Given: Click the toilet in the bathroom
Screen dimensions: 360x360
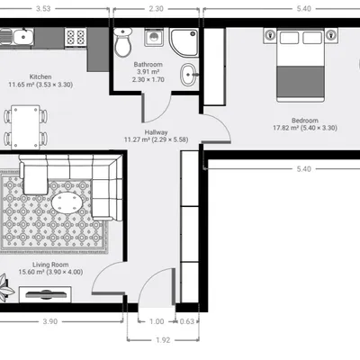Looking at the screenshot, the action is click(123, 42).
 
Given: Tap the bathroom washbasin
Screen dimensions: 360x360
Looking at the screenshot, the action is click(189, 75).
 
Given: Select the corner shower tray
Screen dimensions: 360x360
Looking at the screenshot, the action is click(184, 42).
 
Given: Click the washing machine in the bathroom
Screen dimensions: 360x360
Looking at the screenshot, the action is click(154, 37).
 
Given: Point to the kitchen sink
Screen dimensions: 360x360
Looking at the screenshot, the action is click(16, 37).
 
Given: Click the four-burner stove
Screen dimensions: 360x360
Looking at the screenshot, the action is click(76, 38).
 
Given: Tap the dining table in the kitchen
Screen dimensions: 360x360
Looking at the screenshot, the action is click(25, 127).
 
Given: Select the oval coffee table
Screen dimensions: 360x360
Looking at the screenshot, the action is click(67, 202).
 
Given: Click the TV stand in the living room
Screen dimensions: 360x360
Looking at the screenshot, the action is click(45, 294).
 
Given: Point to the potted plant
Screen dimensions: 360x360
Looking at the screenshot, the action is click(5, 288).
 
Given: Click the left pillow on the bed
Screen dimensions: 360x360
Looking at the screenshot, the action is click(289, 38).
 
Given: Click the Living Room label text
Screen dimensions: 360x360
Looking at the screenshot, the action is click(50, 265).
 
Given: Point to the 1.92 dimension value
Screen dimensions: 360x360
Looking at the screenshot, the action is click(163, 340).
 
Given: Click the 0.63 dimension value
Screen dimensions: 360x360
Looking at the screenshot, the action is click(187, 321).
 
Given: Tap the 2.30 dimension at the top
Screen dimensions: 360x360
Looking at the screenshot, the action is click(157, 9).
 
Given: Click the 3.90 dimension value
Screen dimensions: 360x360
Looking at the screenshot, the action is click(49, 321).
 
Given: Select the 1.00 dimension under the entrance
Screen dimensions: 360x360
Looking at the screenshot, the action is click(157, 321).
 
